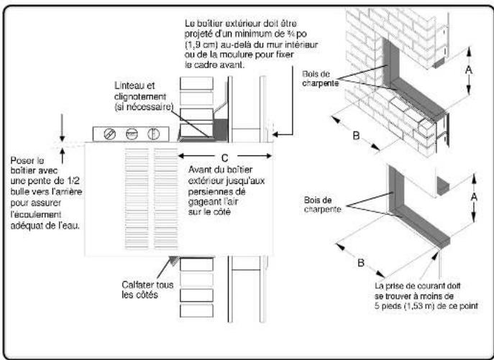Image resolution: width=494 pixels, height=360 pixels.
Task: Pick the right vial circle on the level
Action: (153, 134)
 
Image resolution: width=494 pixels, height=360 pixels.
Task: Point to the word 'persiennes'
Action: (209, 193)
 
